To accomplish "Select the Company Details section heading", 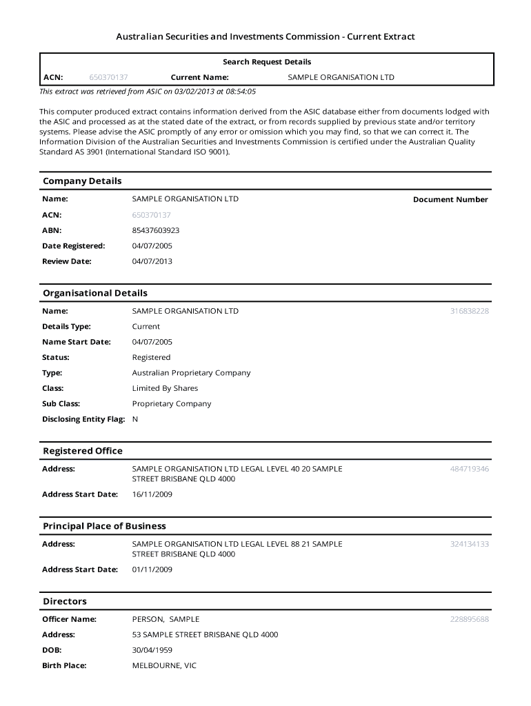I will tap(82, 181).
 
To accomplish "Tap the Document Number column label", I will tap(450, 200).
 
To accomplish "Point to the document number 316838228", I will tap(469, 311).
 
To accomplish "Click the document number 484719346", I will tap(469, 469).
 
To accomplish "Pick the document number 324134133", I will tap(469, 544).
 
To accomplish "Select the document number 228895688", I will tap(469, 619).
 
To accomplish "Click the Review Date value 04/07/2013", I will tap(152, 261).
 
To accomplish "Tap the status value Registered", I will tap(151, 357).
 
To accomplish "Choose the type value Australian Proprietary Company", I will tap(191, 373).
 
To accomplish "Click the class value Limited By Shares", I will tap(165, 388).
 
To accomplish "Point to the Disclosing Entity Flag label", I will tap(83, 419).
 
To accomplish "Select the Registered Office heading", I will tap(83, 451).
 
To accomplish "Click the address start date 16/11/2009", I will tap(152, 494).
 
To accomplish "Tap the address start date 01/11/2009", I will tap(152, 569).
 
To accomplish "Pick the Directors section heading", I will tap(65, 601).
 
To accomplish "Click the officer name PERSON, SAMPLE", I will tap(166, 619).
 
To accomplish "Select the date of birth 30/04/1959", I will tap(152, 650).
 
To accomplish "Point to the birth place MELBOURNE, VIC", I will tap(164, 666).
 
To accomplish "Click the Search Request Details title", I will tap(266, 62).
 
